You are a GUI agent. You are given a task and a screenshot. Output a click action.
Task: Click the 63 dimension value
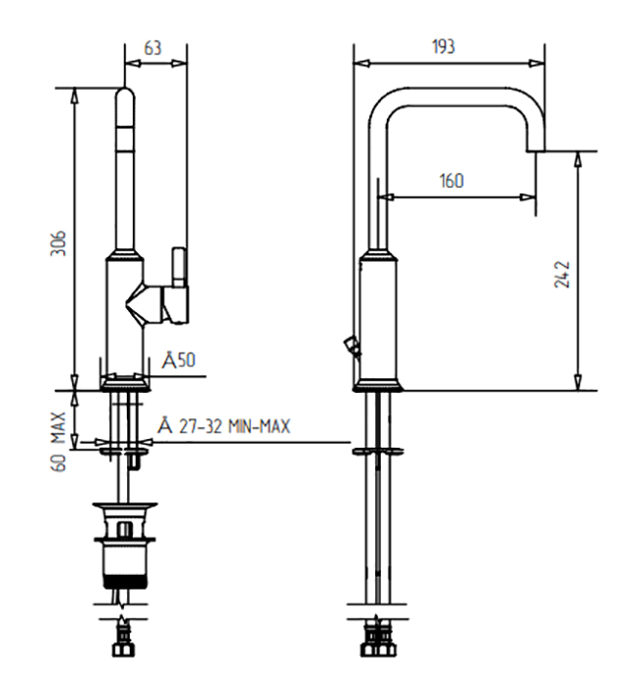pos(152,48)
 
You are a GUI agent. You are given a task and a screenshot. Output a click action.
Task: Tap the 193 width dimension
pos(444,46)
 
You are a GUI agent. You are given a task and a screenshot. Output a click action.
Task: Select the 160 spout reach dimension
pos(451,181)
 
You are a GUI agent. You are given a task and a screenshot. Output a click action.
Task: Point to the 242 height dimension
pos(562,274)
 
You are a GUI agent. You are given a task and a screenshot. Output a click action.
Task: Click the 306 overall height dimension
pos(59,243)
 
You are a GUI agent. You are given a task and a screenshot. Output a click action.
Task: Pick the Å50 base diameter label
pos(178,360)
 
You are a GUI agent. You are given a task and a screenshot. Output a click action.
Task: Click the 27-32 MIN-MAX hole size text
pos(234,426)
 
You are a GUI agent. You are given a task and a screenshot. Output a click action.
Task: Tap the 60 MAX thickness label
pos(59,442)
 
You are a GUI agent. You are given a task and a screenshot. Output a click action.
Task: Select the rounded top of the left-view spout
pos(125,96)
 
